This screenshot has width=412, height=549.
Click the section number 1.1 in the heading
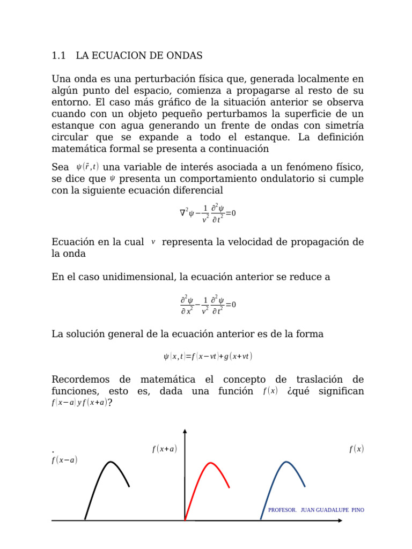coord(58,55)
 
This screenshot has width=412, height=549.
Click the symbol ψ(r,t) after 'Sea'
coord(87,167)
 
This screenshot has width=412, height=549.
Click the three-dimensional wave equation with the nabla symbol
coord(208,213)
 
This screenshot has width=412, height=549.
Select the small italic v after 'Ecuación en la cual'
coord(153,242)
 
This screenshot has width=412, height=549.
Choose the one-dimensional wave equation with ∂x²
coord(208,305)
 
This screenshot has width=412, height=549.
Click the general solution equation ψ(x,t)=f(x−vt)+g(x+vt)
coord(208,356)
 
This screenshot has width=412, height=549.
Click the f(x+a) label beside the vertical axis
coord(165,449)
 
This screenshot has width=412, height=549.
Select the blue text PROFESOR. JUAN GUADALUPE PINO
coord(316,510)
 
